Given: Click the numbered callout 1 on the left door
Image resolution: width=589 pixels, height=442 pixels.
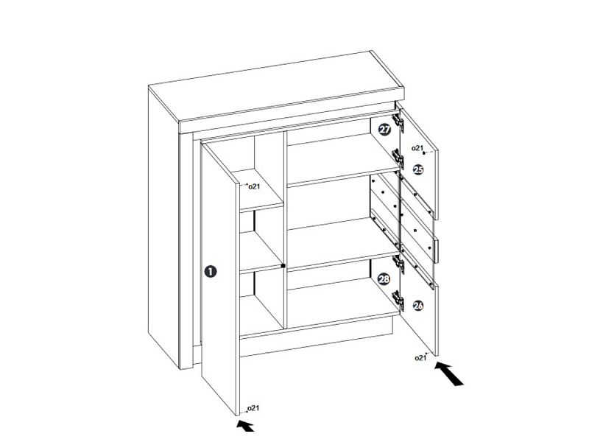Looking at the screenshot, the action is pyautogui.click(x=211, y=271).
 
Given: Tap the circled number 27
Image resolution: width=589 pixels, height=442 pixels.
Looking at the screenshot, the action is pyautogui.click(x=384, y=130).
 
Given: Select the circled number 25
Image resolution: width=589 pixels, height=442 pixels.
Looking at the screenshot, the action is pyautogui.click(x=418, y=170).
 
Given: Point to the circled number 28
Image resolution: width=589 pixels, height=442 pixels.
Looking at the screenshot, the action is pyautogui.click(x=384, y=279).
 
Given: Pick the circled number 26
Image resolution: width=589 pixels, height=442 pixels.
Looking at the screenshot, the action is pyautogui.click(x=418, y=306).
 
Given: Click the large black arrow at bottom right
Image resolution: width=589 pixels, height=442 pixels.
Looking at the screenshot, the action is pyautogui.click(x=449, y=373).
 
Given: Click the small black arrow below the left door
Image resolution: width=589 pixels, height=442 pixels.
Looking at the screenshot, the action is pyautogui.click(x=245, y=426).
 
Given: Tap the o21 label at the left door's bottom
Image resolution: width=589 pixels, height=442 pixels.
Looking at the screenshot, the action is pyautogui.click(x=253, y=408).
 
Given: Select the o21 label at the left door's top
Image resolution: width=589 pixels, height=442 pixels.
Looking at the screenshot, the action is pyautogui.click(x=254, y=186).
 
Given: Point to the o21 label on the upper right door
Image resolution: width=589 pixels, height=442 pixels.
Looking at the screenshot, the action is pyautogui.click(x=417, y=148).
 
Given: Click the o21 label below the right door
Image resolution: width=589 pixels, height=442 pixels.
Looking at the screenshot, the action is pyautogui.click(x=420, y=358).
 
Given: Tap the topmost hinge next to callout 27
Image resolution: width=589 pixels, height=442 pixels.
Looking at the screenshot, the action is pyautogui.click(x=398, y=122).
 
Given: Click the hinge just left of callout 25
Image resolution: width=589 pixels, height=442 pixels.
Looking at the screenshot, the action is pyautogui.click(x=398, y=158).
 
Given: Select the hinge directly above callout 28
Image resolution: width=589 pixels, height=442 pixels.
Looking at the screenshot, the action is pyautogui.click(x=398, y=264).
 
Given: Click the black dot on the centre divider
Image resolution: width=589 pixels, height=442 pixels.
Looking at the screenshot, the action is pyautogui.click(x=283, y=266).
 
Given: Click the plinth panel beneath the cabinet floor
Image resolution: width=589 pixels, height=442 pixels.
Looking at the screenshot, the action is pyautogui.click(x=317, y=342).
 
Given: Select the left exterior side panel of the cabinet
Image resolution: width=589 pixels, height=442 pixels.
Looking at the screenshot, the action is pyautogui.click(x=164, y=225).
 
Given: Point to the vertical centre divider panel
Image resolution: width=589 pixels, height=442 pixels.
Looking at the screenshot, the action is pyautogui.click(x=286, y=230).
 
